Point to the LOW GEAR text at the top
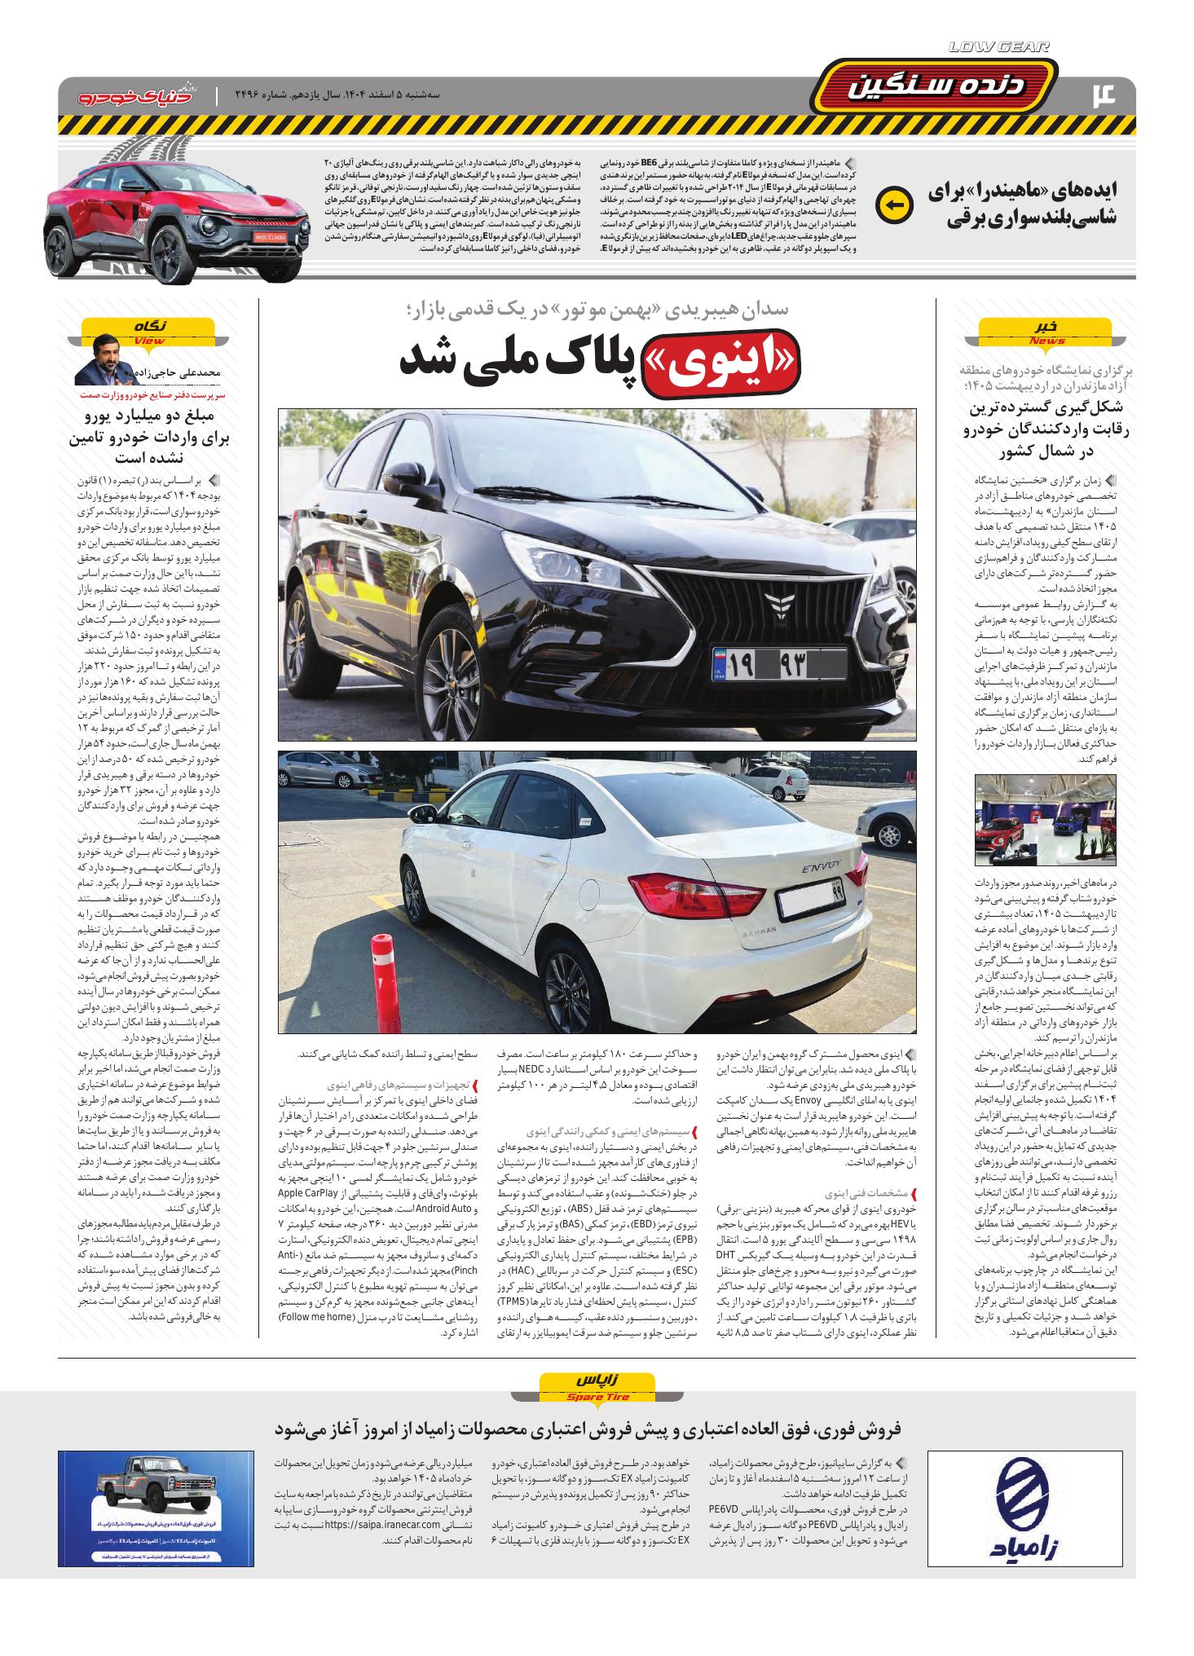1000,47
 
